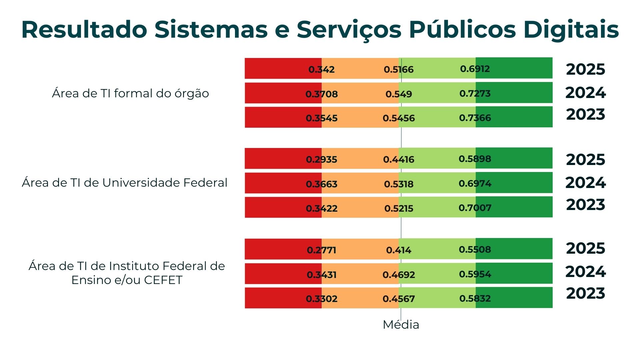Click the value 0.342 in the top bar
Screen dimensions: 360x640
[x=321, y=69]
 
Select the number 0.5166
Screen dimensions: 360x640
[x=398, y=69]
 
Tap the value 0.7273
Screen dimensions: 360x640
[x=475, y=93]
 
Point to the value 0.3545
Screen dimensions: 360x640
[x=321, y=118]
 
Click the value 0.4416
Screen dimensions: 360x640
[x=398, y=159]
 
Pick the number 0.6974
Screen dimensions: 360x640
[x=475, y=183]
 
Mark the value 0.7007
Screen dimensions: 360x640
[x=475, y=208]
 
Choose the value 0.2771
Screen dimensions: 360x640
[x=321, y=250]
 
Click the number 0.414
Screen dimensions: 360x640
[x=398, y=250]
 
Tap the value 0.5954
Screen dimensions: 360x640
[x=475, y=274]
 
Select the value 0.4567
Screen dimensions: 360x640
[x=398, y=299]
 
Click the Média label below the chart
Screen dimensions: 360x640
[x=401, y=324]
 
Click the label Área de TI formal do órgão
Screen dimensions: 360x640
[x=130, y=93]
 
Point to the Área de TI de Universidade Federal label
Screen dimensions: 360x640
[x=124, y=183]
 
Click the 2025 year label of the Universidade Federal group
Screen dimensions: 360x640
[x=585, y=159]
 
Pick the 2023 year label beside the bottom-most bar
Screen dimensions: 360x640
[x=585, y=293]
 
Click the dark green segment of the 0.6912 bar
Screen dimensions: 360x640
[x=514, y=68]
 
